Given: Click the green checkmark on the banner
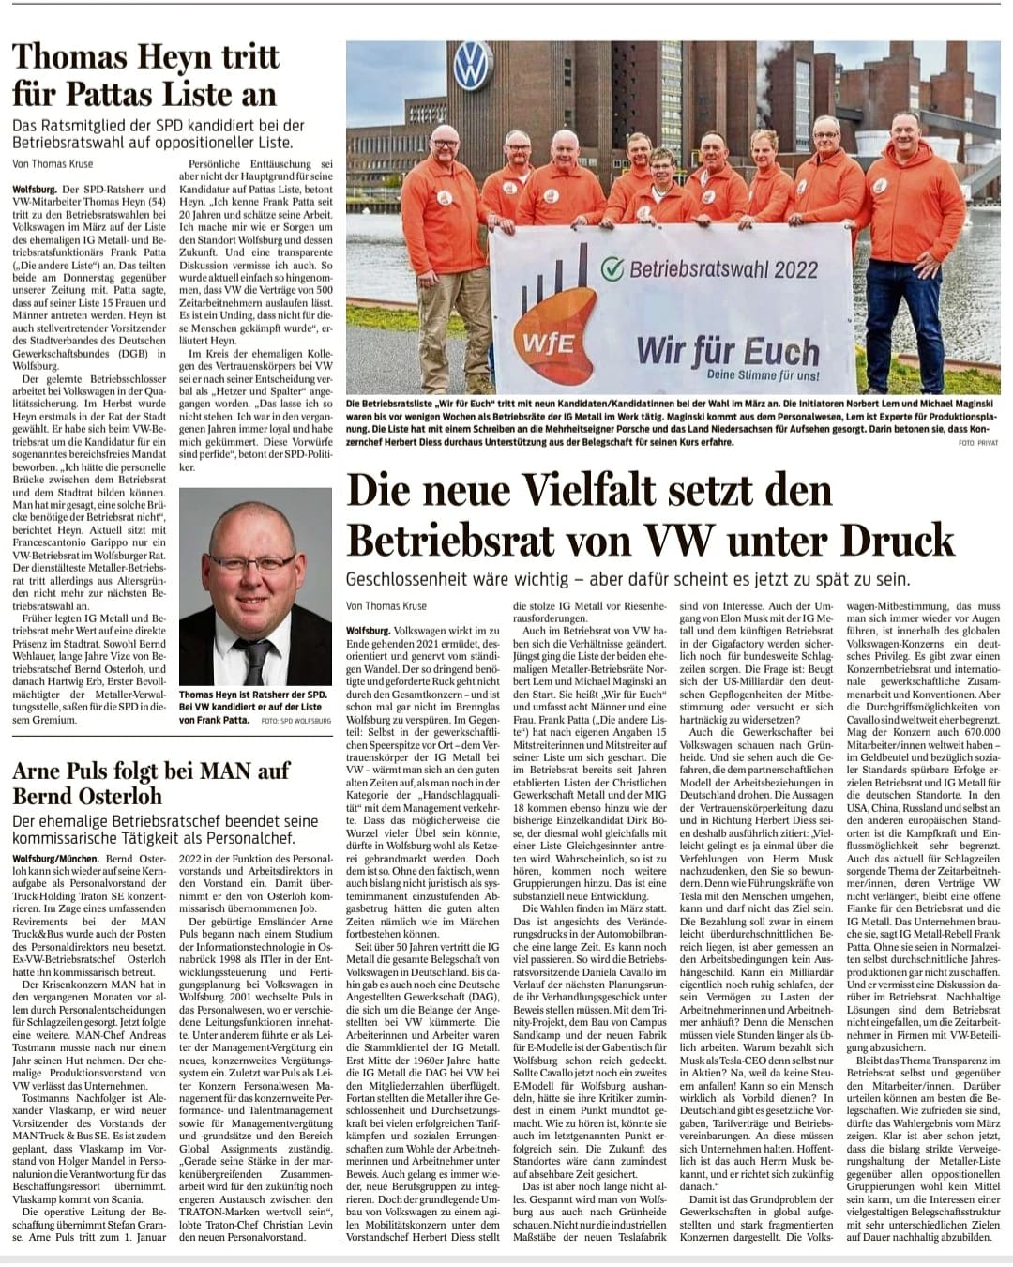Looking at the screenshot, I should pyautogui.click(x=612, y=268).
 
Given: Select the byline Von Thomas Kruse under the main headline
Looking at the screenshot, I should pyautogui.click(x=388, y=606).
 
